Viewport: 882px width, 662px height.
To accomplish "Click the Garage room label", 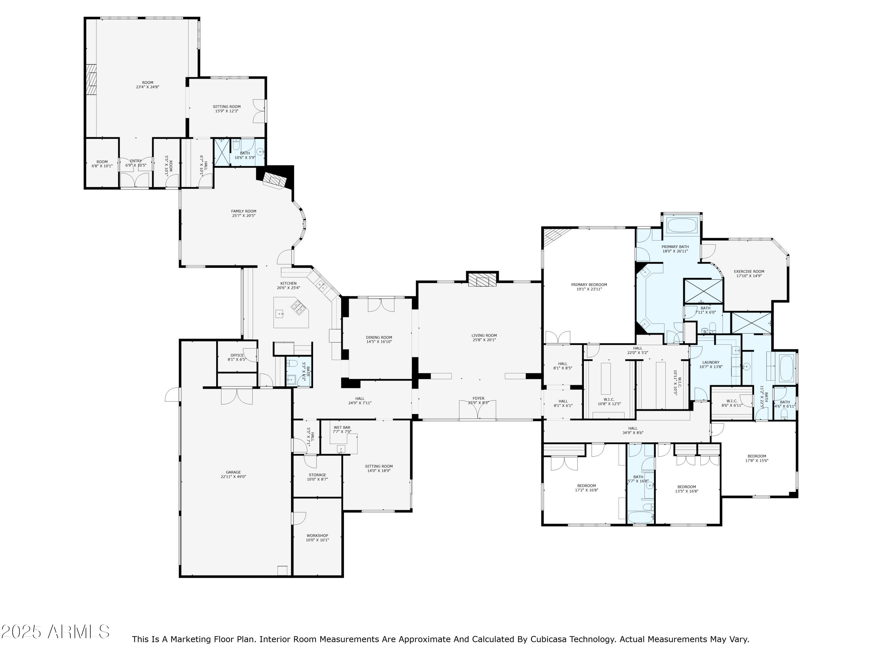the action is pyautogui.click(x=233, y=475).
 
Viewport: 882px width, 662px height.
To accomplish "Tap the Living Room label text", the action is pyautogui.click(x=484, y=337).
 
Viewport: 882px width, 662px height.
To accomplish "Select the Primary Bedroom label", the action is pyautogui.click(x=589, y=287).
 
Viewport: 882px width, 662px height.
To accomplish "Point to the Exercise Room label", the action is pyautogui.click(x=749, y=273).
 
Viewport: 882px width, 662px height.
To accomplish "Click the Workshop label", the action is pyautogui.click(x=318, y=538).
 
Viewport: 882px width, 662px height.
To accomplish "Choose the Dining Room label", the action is pyautogui.click(x=379, y=339).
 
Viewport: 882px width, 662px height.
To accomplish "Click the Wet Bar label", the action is pyautogui.click(x=342, y=429).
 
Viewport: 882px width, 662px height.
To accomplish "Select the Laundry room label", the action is pyautogui.click(x=711, y=364).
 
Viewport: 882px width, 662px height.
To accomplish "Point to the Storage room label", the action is pyautogui.click(x=318, y=477).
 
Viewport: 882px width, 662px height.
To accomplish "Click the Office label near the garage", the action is pyautogui.click(x=237, y=357).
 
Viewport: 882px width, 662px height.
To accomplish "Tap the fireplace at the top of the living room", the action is pyautogui.click(x=482, y=280).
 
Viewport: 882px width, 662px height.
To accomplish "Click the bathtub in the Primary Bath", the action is pyautogui.click(x=681, y=225).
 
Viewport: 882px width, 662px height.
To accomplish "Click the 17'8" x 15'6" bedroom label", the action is pyautogui.click(x=756, y=458).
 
